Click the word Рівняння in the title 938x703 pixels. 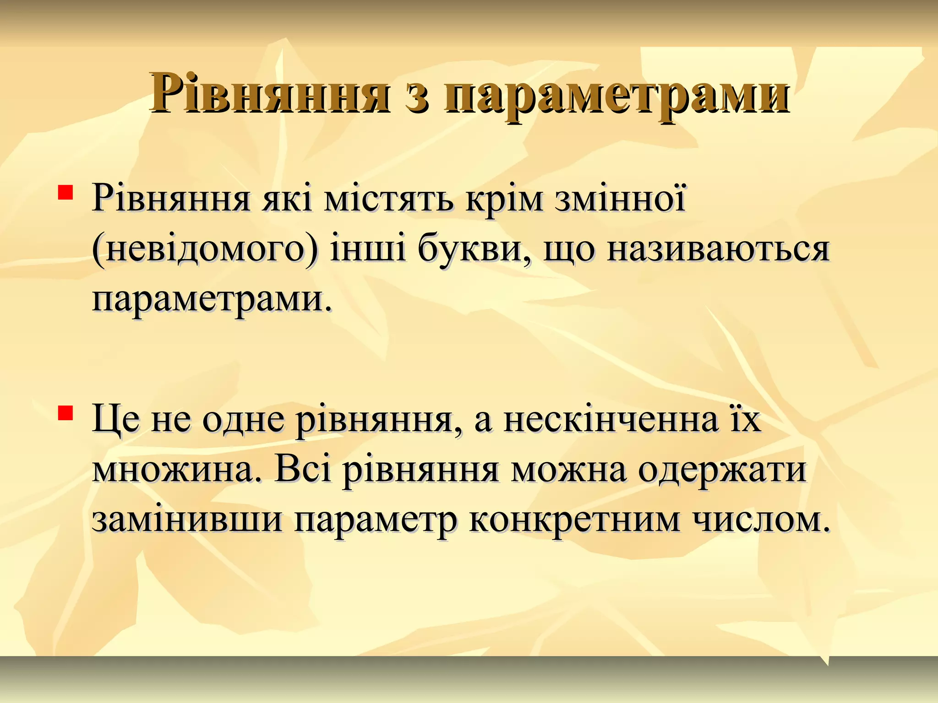coord(270,94)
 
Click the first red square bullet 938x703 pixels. coord(65,192)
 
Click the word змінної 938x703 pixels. coord(621,200)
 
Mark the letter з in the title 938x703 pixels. coord(417,98)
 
